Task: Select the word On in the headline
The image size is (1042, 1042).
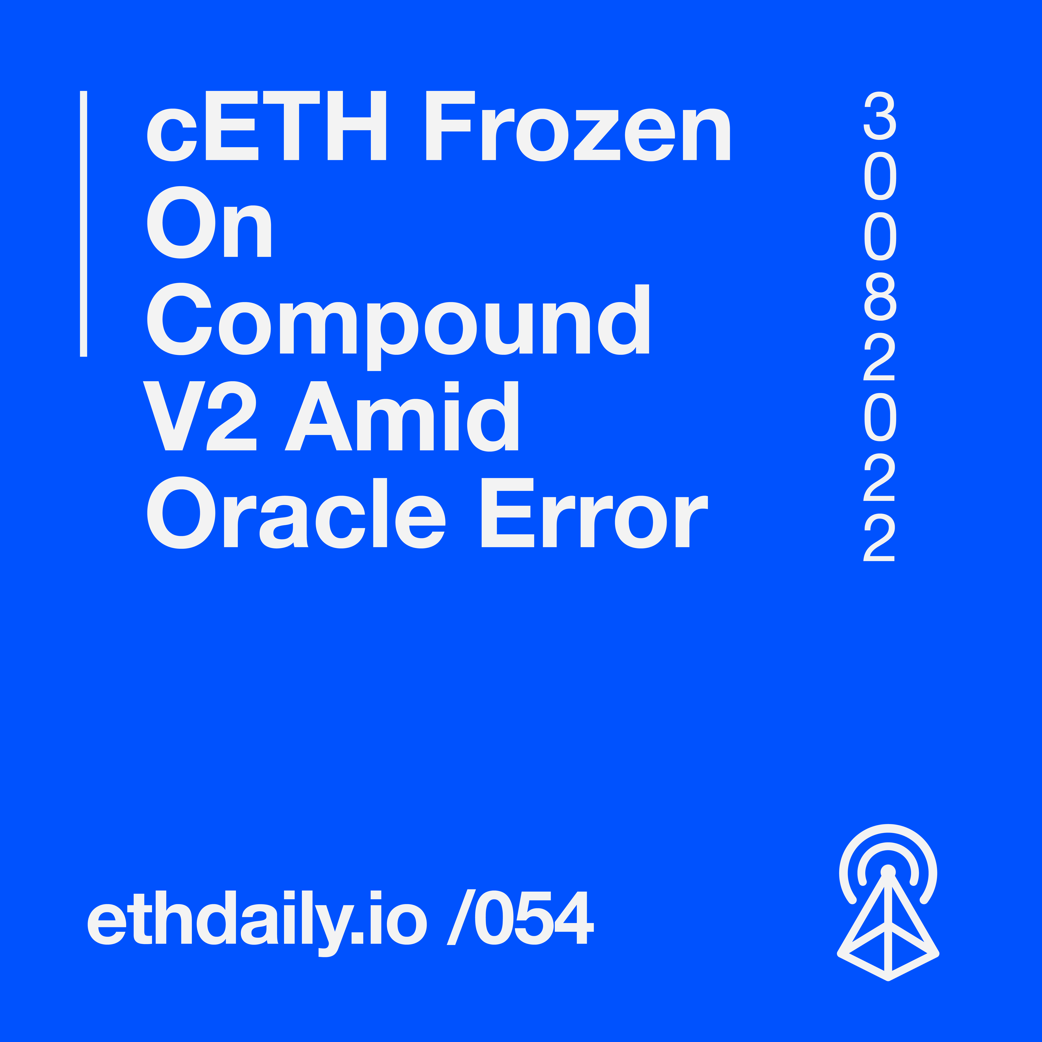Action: pos(209,222)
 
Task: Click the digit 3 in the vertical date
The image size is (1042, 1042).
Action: pos(880,115)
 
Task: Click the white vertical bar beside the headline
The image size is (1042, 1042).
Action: pos(84,224)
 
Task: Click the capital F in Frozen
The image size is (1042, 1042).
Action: pos(450,126)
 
